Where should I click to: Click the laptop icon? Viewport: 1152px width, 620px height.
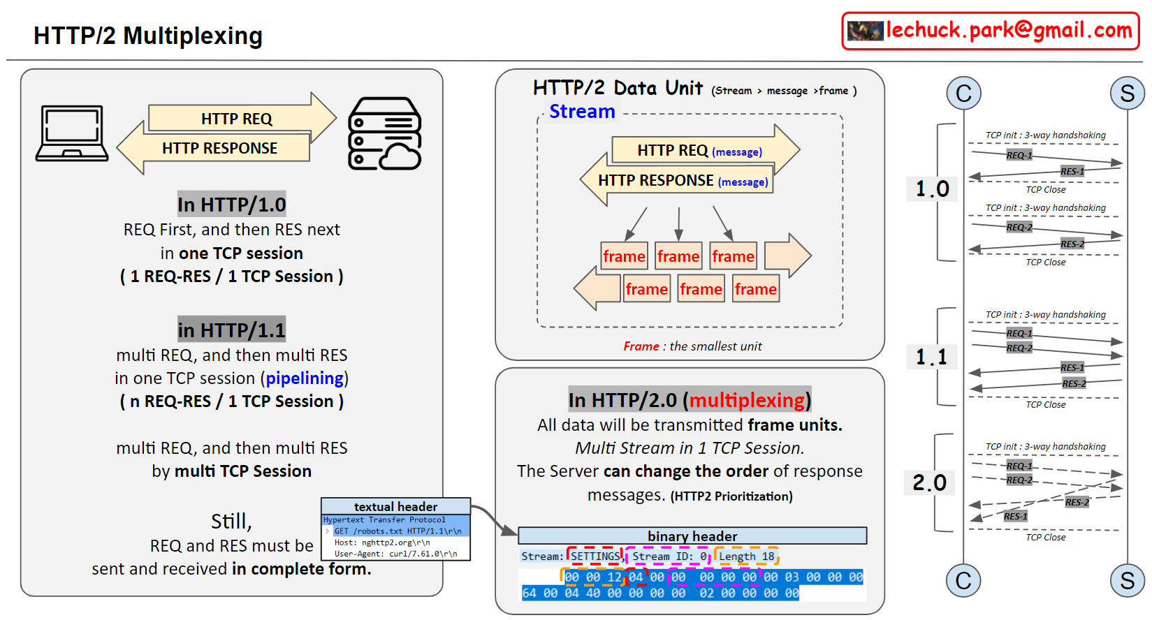click(72, 133)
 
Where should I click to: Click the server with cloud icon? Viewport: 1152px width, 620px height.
click(384, 134)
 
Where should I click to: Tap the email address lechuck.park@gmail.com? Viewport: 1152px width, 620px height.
click(1008, 31)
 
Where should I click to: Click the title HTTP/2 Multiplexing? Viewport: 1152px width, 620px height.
click(148, 36)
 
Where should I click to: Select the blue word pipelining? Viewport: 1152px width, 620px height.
click(305, 378)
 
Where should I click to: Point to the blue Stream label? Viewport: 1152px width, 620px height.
click(582, 112)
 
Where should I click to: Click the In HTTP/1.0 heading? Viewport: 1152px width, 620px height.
click(231, 205)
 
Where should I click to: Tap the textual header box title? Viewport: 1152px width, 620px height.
click(395, 507)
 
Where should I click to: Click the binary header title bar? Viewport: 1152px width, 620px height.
click(692, 536)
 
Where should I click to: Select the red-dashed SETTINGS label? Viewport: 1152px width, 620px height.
click(595, 556)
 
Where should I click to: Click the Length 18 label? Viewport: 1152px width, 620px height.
click(746, 556)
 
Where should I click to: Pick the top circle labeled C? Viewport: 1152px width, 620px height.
click(963, 94)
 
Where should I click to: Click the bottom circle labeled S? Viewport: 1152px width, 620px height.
click(1127, 581)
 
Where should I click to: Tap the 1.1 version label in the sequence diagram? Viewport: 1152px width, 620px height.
click(931, 357)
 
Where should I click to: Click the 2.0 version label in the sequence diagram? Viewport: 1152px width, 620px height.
click(929, 482)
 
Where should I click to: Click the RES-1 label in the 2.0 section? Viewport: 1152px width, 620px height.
click(1015, 517)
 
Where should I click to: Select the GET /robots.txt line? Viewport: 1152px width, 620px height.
click(398, 531)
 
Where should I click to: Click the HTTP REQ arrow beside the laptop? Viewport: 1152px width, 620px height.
click(237, 119)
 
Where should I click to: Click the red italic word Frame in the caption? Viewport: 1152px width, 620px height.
click(641, 346)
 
